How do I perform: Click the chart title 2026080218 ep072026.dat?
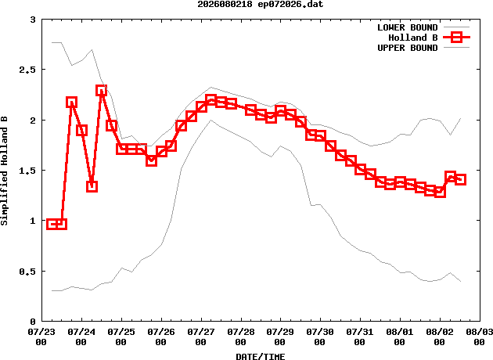261,5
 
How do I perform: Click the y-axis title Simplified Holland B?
4,171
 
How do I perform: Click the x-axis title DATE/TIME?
261,356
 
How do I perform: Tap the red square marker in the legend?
456,38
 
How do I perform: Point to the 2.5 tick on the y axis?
27,70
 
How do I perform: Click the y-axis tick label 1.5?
27,171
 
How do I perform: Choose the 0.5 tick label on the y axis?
27,272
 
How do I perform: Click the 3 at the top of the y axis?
33,20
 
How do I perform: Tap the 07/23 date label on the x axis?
41,332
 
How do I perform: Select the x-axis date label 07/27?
201,332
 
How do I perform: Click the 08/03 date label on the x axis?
480,332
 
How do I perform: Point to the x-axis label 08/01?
400,332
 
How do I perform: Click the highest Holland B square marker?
101,91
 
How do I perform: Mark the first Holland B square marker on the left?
52,224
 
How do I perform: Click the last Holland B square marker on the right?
460,179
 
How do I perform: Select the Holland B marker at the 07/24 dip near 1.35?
92,186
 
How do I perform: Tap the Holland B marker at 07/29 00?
280,111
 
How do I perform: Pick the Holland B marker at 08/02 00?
440,192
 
